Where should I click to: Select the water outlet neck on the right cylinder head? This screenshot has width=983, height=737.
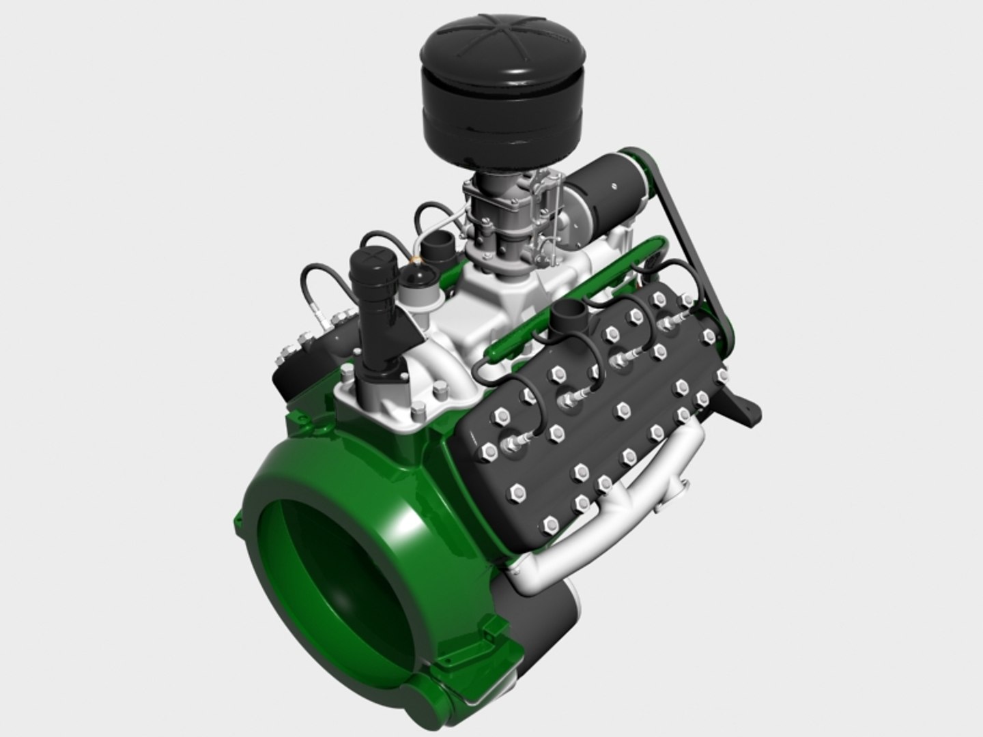(567, 318)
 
